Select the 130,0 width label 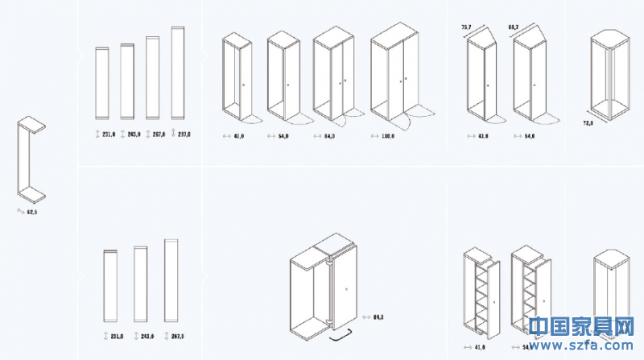[x=388, y=136]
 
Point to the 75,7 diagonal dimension [x=466, y=27]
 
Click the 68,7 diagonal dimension [x=512, y=27]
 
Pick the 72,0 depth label [x=588, y=123]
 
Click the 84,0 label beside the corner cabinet [x=378, y=317]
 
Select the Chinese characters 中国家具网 [x=584, y=326]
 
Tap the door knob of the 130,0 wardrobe [x=405, y=79]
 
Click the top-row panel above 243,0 [x=127, y=80]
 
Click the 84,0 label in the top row [x=329, y=136]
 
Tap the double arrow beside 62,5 [x=20, y=210]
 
